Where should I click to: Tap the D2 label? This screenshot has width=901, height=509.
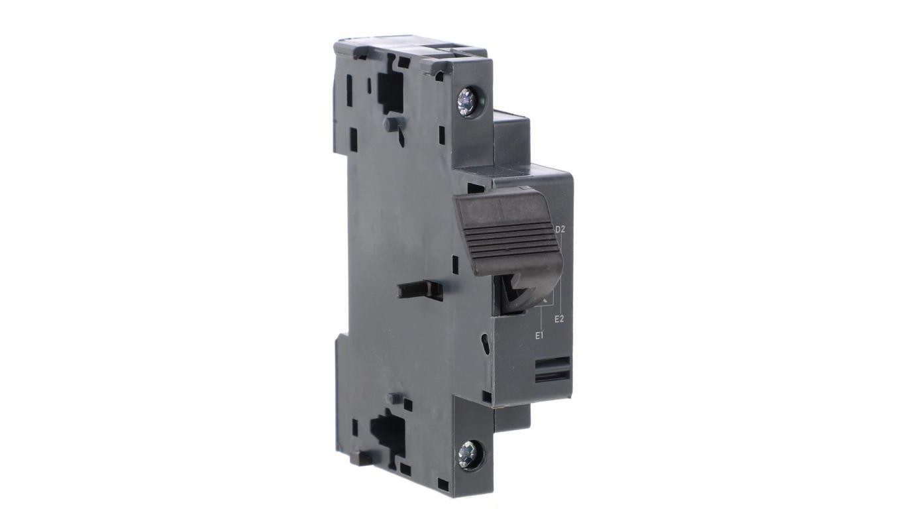(x=560, y=230)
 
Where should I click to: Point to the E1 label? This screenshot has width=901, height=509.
(x=539, y=335)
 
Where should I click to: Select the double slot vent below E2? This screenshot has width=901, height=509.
(x=553, y=369)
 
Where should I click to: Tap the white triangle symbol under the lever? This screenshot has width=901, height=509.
(x=545, y=302)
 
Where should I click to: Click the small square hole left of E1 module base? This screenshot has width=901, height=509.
(x=487, y=397)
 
